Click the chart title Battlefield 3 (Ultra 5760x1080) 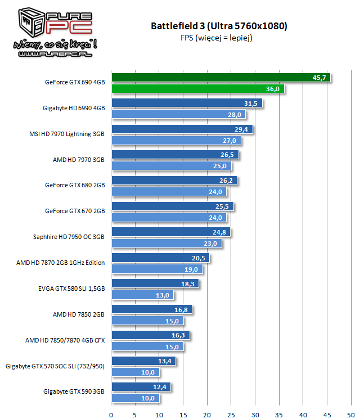tap(219, 25)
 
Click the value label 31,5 tap(251, 103)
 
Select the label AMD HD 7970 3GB tap(78, 160)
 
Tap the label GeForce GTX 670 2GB tap(75, 211)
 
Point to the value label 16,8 tap(181, 309)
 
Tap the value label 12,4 tap(160, 387)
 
